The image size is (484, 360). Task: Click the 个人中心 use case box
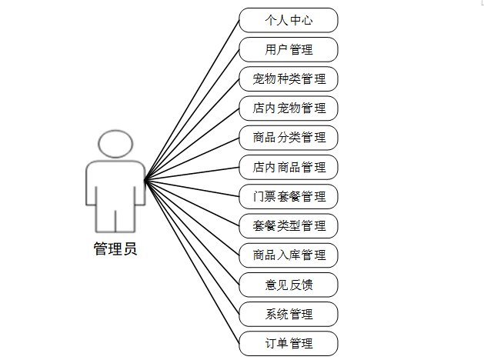coord(289,20)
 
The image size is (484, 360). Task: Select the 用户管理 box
coord(289,49)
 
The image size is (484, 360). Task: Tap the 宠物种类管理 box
coord(289,78)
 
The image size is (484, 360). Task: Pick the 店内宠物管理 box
coord(289,108)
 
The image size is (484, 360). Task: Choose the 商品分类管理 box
coord(289,138)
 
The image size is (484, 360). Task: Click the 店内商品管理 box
coord(289,167)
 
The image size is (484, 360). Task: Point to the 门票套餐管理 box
coord(289,196)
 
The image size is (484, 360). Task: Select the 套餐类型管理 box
coord(289,225)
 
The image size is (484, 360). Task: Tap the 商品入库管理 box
coord(289,255)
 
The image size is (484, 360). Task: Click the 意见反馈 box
coord(289,285)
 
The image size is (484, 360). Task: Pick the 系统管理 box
coord(289,314)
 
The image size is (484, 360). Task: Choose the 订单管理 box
coord(289,343)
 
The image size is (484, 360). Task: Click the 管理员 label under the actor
coord(115,249)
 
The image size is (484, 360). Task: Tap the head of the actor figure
coord(115,144)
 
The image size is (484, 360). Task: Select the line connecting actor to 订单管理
coord(192,262)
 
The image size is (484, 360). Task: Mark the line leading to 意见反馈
coord(192,232)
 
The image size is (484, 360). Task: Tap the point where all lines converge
coord(145,181)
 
